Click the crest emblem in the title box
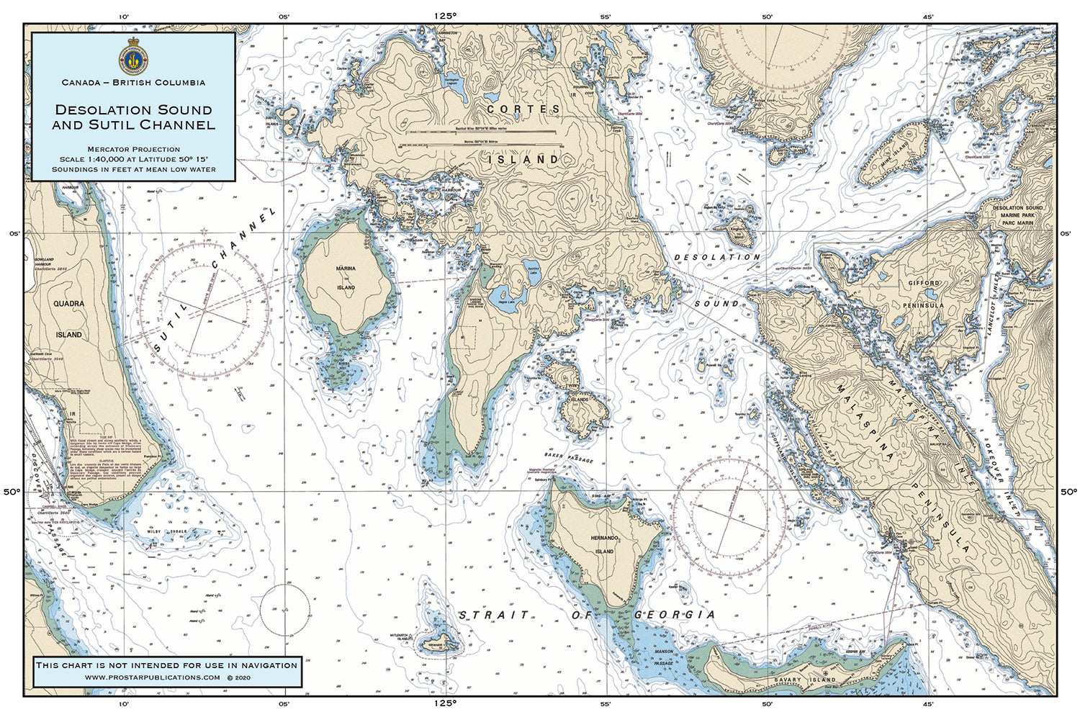[x=133, y=56]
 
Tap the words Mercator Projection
[x=133, y=149]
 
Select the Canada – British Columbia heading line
[x=133, y=83]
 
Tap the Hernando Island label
[x=604, y=544]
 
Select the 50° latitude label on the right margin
[x=1068, y=492]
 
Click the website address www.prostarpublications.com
[x=152, y=678]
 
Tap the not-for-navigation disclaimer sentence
[x=166, y=665]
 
